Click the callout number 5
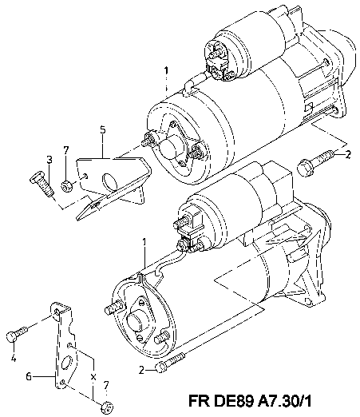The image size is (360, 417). pos(103,130)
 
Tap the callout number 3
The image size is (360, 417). pos(49,160)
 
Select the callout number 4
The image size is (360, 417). pos(14,358)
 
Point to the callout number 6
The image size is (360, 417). pos(29,376)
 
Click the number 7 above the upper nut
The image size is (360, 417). pos(66,150)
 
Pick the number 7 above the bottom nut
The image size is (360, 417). pos(106,385)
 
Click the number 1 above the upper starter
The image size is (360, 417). pos(166,71)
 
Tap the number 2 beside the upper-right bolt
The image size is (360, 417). pos(348,154)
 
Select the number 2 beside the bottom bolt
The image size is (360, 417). pos(142,370)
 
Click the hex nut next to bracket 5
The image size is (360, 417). pos(66,186)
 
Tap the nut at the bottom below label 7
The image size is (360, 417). pos(108,408)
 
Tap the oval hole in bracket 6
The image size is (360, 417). pos(67,363)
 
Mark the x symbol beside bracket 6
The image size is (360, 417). pos(93,377)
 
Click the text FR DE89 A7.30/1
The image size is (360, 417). pos(250,401)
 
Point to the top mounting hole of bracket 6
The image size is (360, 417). pos(57,312)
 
